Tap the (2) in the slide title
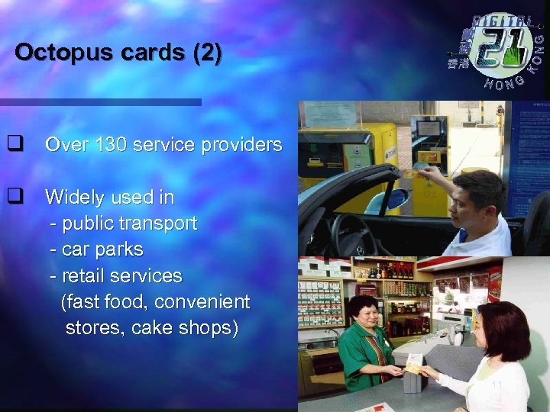(x=209, y=53)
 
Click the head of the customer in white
(x=501, y=329)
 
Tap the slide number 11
(x=497, y=385)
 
